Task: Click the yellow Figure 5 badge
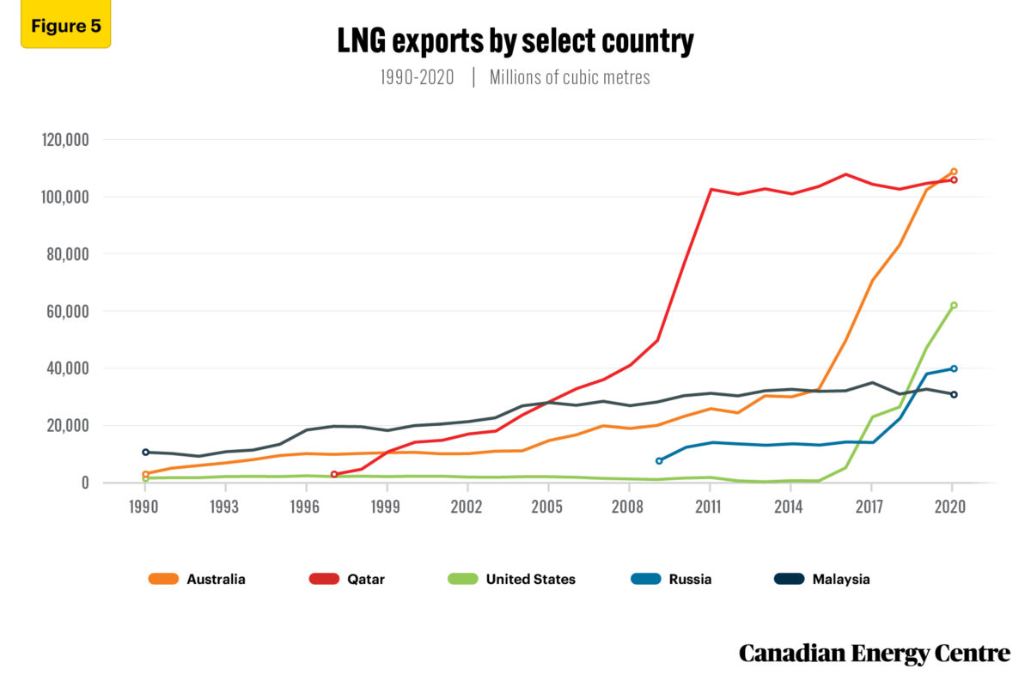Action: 65,26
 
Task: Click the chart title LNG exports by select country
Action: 515,40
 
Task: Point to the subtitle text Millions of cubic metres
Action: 570,77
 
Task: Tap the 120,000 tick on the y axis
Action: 65,140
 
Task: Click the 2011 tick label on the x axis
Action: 709,507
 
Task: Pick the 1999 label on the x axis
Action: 386,507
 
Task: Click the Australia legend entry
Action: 197,579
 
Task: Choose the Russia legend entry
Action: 670,579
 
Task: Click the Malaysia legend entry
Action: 821,579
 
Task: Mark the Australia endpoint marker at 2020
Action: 954,172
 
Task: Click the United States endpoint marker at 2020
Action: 954,305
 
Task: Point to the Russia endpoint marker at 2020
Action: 954,368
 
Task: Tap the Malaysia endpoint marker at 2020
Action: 954,394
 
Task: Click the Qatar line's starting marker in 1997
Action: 334,474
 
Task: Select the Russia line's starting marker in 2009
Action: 659,461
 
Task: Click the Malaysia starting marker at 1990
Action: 145,452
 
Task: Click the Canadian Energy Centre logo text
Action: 875,654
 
